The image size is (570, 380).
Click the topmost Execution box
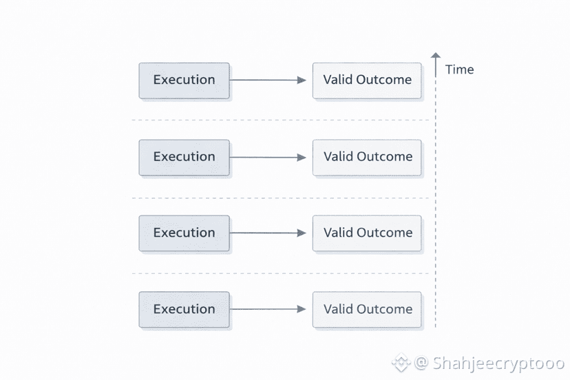184,81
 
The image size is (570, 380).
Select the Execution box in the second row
184,158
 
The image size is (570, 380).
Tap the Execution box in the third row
184,233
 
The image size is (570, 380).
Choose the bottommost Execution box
184,310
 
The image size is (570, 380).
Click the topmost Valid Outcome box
367,81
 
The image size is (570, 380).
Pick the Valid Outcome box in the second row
367,158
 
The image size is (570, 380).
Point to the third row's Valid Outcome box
367,233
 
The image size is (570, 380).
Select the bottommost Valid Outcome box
367,310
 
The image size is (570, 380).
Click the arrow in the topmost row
268,80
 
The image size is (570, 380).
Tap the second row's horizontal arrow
268,158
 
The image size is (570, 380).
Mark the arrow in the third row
268,233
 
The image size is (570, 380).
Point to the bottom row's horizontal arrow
268,309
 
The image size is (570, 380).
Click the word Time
459,70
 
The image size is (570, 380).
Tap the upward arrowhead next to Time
436,56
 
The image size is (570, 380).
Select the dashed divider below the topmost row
280,120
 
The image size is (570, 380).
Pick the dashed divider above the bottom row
280,273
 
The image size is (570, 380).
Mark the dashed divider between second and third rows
280,198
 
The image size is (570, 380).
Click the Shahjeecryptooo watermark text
498,363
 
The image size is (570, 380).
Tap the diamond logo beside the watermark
401,363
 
